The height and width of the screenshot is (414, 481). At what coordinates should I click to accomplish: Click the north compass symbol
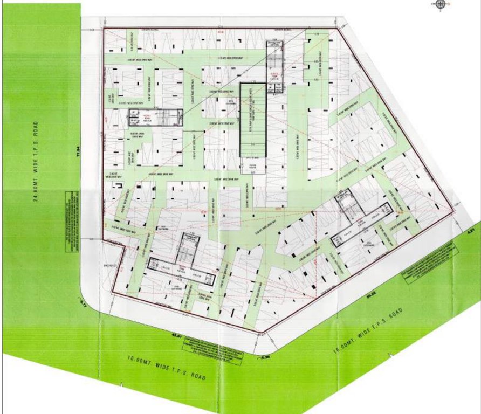tap(441, 5)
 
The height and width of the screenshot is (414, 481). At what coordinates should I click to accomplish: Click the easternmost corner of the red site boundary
tap(452, 211)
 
